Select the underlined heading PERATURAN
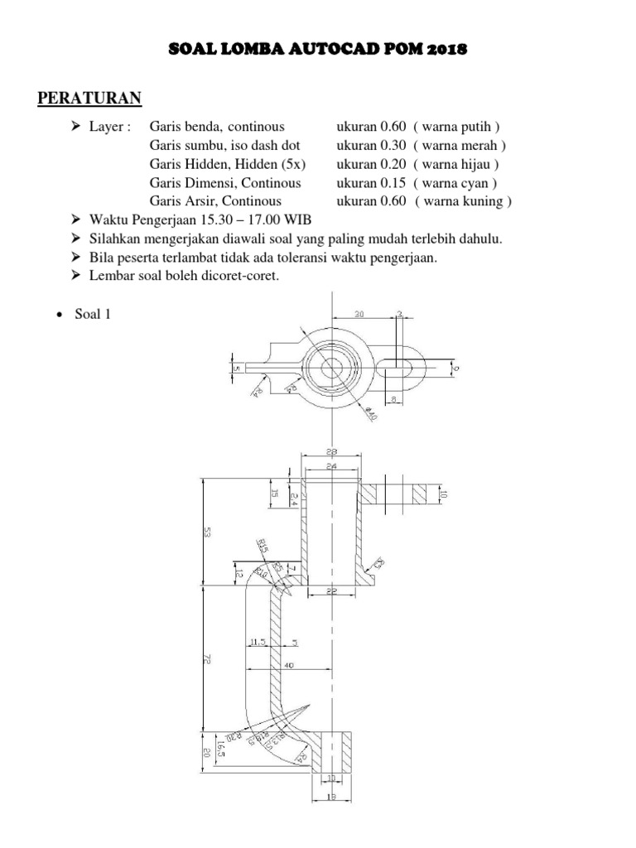(x=90, y=99)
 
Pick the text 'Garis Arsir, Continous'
(x=215, y=200)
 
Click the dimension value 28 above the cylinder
(x=331, y=452)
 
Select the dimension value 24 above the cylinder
(x=331, y=466)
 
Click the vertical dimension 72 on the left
(x=206, y=659)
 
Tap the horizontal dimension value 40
(x=287, y=665)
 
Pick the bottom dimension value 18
(x=331, y=797)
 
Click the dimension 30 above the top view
(x=359, y=314)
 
